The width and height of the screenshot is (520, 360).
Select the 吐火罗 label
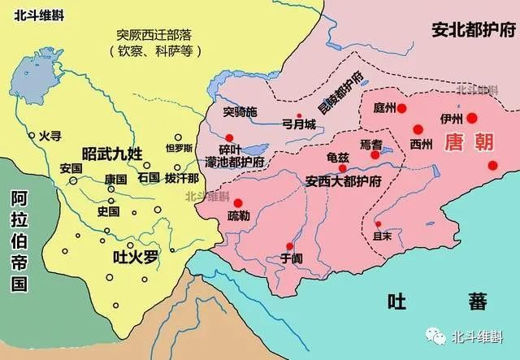pyautogui.click(x=134, y=258)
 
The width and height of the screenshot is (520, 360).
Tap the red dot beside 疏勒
pyautogui.click(x=238, y=203)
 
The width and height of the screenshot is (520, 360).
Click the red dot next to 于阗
pyautogui.click(x=289, y=246)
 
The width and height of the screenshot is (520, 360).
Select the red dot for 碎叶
pyautogui.click(x=230, y=137)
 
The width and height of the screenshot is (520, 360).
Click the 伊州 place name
pyautogui.click(x=448, y=117)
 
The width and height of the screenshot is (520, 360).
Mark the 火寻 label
pyautogui.click(x=50, y=136)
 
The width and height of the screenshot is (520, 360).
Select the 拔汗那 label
pyautogui.click(x=181, y=176)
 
